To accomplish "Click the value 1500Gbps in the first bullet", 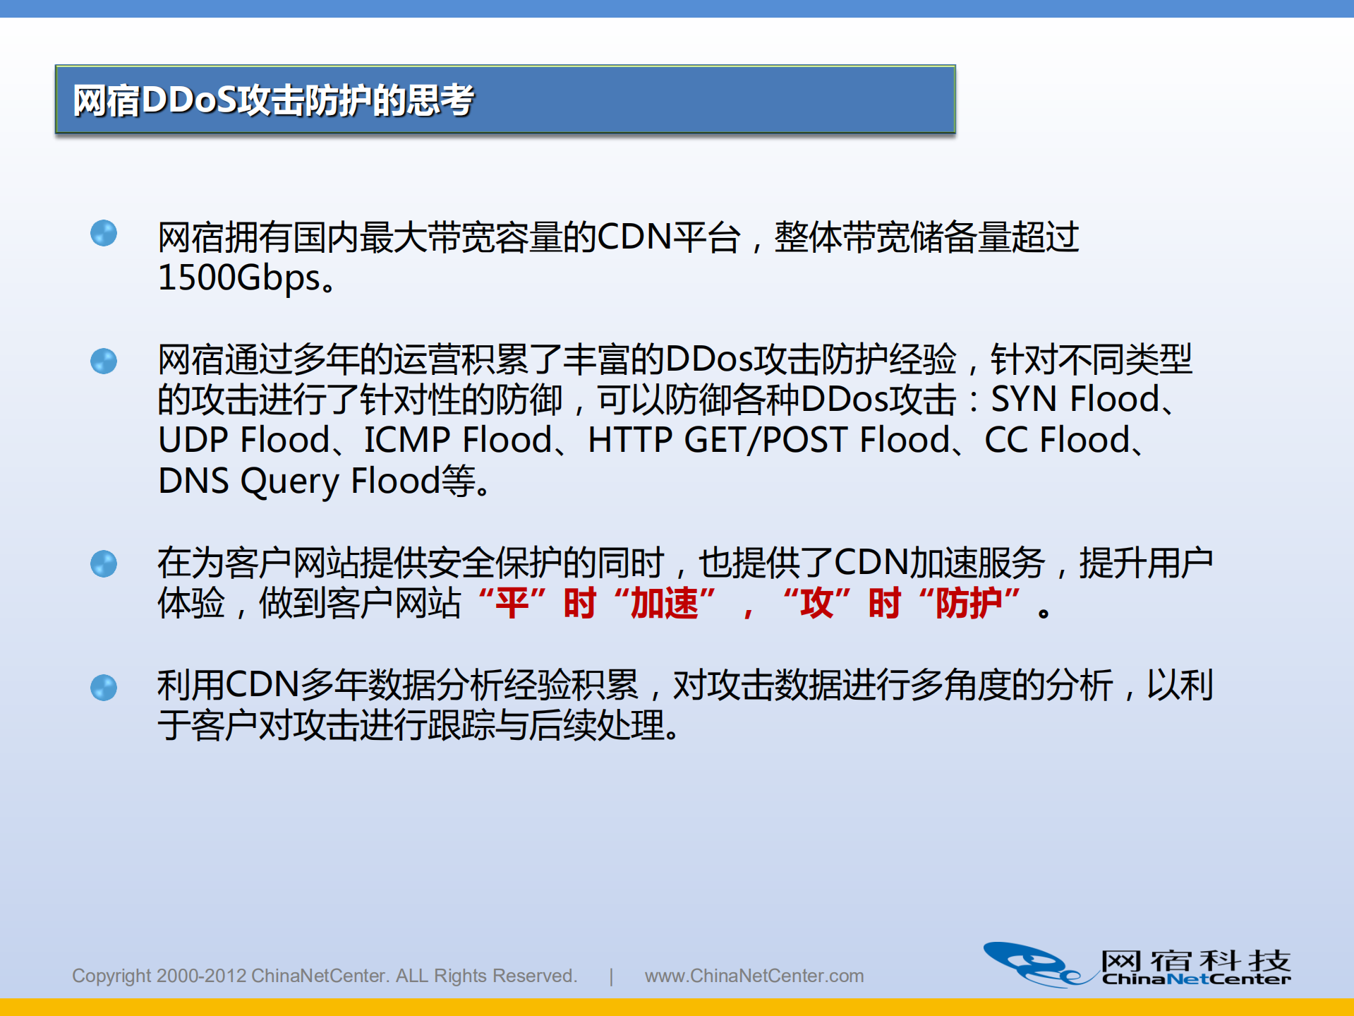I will coord(239,277).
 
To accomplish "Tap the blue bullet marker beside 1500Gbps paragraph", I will coord(104,234).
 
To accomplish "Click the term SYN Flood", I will coord(1075,400).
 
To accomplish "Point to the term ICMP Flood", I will coord(457,441).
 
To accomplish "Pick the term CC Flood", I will coord(1057,441).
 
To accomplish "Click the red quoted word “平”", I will coord(512,604).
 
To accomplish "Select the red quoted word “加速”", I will coord(664,604).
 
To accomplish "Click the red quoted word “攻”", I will coord(816,604).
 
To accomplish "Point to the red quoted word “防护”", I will coord(969,604).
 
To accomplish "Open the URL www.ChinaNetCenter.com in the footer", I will coord(754,976).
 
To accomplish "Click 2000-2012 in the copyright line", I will coord(201,976).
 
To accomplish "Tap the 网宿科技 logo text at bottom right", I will coord(1195,961).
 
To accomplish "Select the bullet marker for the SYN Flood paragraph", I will coord(104,361).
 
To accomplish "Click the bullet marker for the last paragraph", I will coord(104,688).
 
